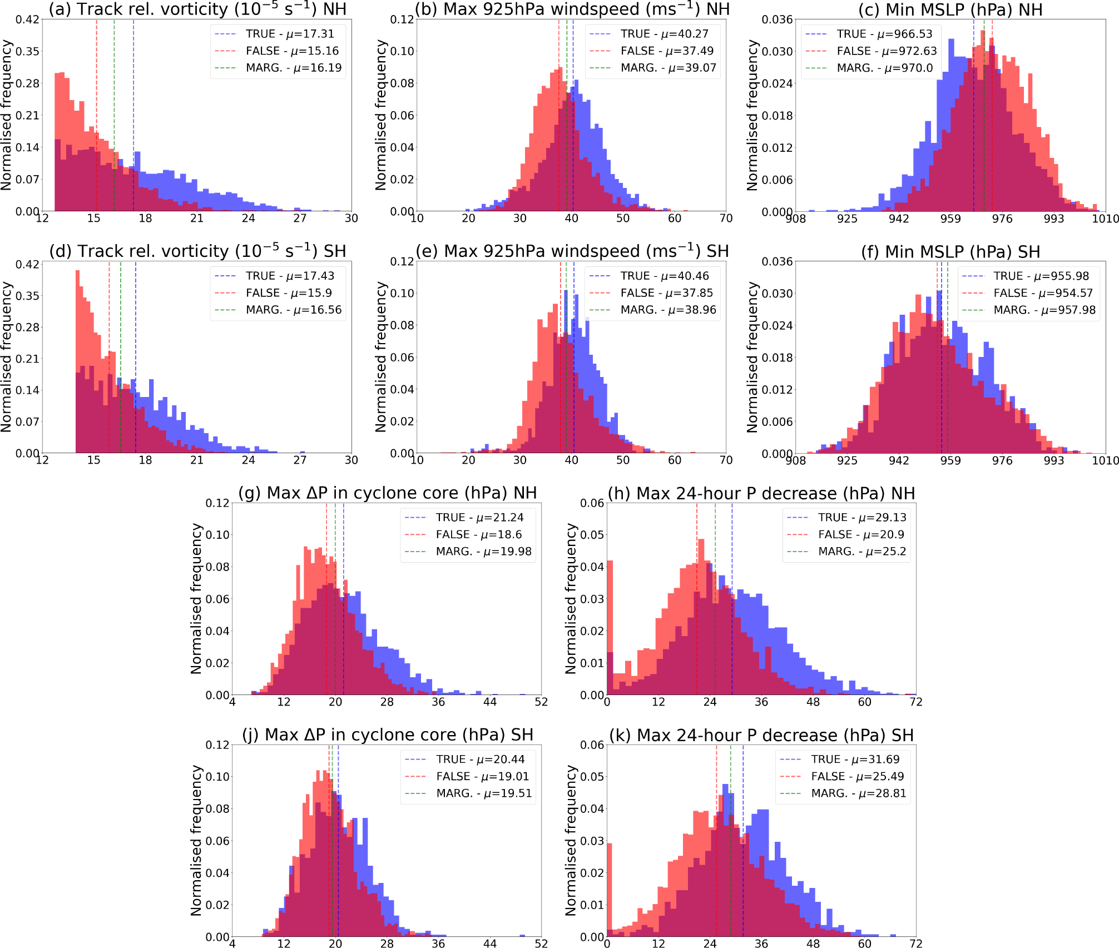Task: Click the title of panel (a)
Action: point(197,9)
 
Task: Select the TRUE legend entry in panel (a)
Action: point(289,34)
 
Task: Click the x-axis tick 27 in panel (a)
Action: point(300,219)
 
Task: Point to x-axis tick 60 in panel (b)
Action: point(675,219)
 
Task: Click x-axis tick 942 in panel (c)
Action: point(899,219)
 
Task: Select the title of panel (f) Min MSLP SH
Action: point(950,252)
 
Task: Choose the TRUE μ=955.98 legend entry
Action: point(1041,276)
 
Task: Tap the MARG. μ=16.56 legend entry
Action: point(293,310)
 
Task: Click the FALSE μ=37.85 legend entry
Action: point(666,293)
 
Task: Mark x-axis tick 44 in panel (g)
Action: point(490,702)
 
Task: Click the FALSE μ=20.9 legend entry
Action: point(860,535)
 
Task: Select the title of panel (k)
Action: point(761,736)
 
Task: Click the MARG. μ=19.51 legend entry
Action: point(483,793)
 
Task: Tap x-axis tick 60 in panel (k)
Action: point(865,944)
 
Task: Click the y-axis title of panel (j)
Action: point(196,840)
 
